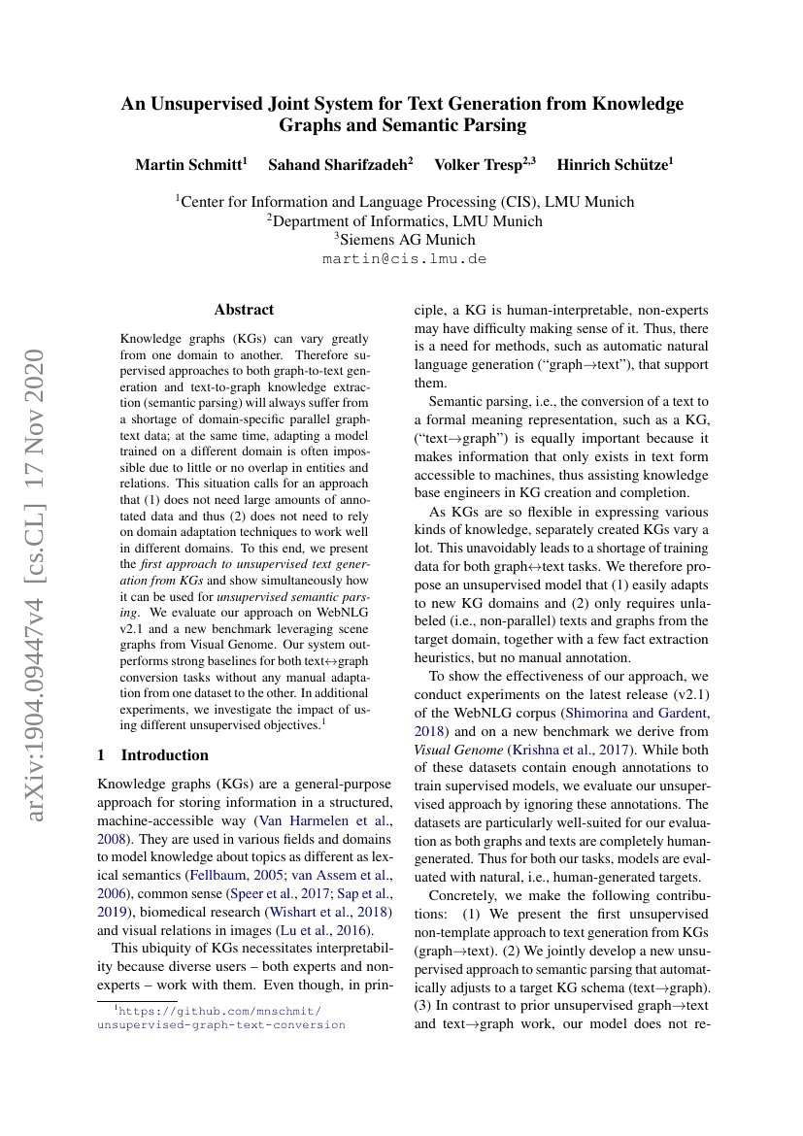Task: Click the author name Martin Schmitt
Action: click(189, 165)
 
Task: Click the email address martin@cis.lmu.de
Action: click(403, 259)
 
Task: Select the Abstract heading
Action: click(244, 310)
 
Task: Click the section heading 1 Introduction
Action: click(153, 754)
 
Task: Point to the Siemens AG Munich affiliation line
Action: click(404, 239)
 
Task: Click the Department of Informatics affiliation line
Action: click(404, 220)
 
